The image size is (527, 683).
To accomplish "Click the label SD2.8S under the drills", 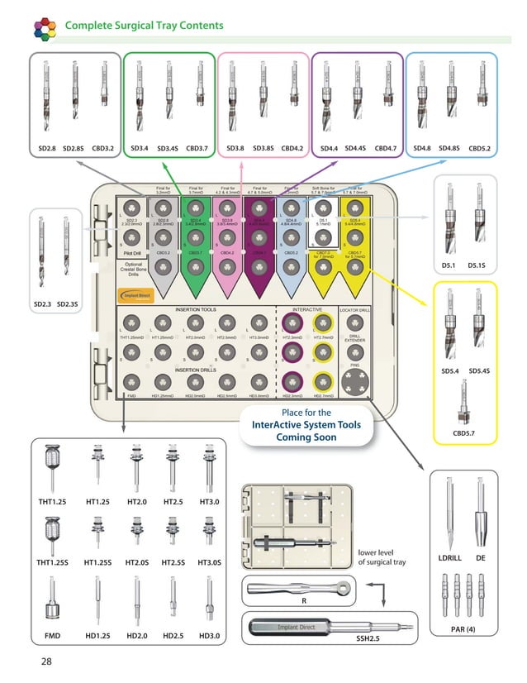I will [x=74, y=149].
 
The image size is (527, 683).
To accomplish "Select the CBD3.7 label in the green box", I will [x=198, y=149].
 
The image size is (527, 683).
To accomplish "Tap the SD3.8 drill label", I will [x=235, y=149].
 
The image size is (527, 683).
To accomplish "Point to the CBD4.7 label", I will [x=386, y=149].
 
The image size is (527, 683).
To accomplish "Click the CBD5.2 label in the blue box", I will [x=480, y=149].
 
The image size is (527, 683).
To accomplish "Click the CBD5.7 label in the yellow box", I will [x=463, y=432].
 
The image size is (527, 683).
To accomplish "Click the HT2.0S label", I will [x=135, y=562].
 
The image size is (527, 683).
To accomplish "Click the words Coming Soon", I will [x=306, y=437].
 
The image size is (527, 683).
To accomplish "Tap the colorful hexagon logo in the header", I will [x=46, y=27].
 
